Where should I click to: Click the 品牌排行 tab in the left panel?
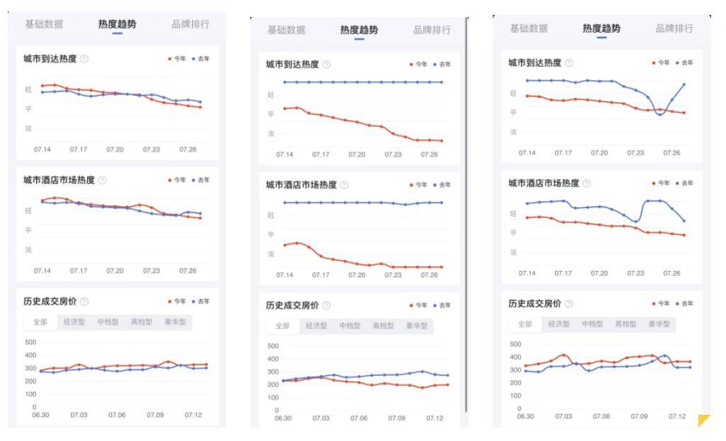pyautogui.click(x=190, y=24)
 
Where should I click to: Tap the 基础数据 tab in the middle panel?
pyautogui.click(x=286, y=30)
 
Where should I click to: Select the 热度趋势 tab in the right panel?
pyautogui.click(x=601, y=28)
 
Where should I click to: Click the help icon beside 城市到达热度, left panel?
pyautogui.click(x=84, y=59)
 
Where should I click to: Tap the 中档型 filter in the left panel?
pyautogui.click(x=108, y=321)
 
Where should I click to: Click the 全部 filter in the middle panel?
pyautogui.click(x=283, y=325)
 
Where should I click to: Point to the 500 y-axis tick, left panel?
pyautogui.click(x=30, y=342)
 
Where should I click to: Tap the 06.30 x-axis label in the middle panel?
pyautogui.click(x=283, y=418)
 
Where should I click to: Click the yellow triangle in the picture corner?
pyautogui.click(x=704, y=421)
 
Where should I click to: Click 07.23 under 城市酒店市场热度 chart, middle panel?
pyautogui.click(x=393, y=274)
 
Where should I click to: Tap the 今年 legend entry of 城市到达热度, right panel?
pyautogui.click(x=661, y=64)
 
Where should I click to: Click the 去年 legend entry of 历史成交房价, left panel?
pyautogui.click(x=201, y=301)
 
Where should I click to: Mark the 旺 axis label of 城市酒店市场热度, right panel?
pyautogui.click(x=513, y=213)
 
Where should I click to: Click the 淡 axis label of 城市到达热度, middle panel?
pyautogui.click(x=270, y=133)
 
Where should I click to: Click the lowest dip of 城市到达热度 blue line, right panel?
pyautogui.click(x=660, y=115)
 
